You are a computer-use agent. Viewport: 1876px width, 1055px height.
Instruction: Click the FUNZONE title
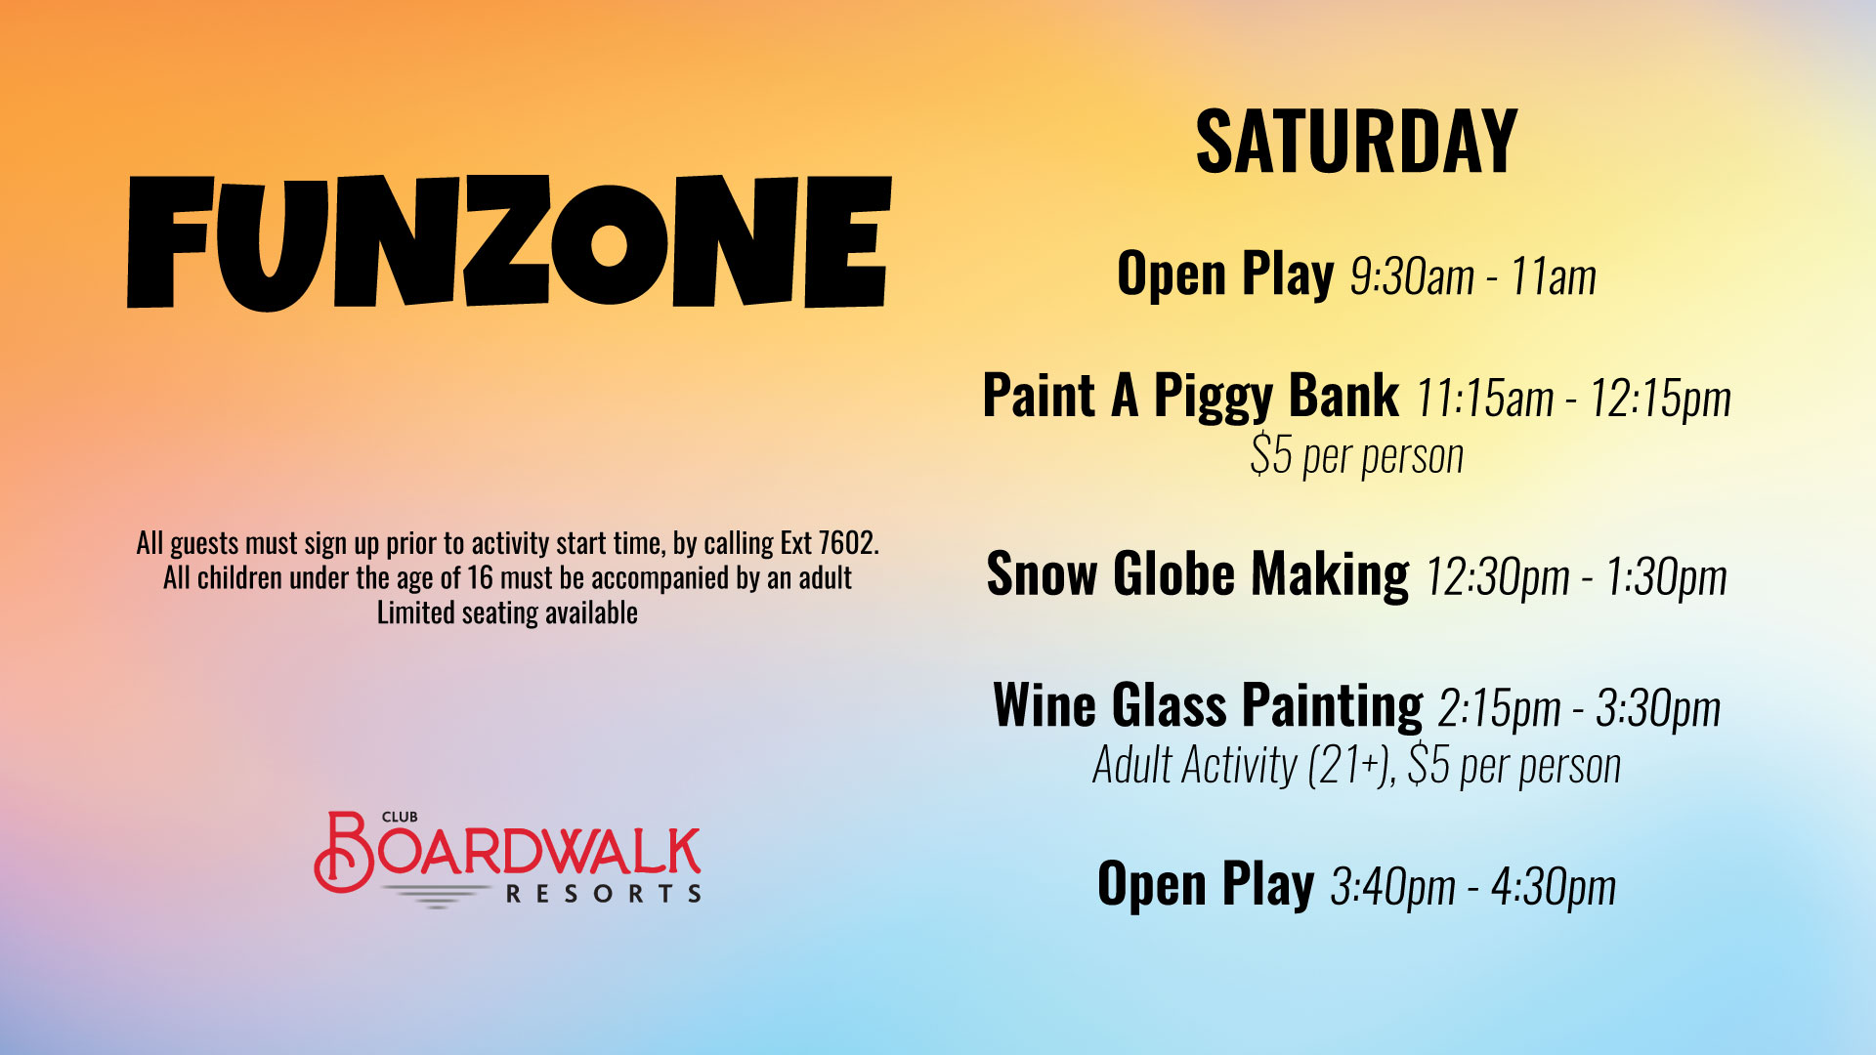click(x=509, y=242)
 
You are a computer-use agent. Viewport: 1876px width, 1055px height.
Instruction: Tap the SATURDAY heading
click(x=1356, y=143)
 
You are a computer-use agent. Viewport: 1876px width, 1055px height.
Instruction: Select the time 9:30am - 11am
click(x=1472, y=276)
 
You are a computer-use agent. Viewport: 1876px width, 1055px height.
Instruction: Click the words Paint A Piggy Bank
click(x=1190, y=398)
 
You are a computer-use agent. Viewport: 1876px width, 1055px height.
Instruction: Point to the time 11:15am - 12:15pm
click(x=1573, y=399)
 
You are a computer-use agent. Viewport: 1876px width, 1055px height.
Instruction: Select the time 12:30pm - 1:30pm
click(x=1576, y=577)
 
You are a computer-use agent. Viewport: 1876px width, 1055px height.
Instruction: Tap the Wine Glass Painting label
click(x=1208, y=706)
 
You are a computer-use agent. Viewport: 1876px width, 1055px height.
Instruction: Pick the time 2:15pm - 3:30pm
click(x=1579, y=708)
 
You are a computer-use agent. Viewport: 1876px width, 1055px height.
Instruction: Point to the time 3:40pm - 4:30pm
click(x=1472, y=887)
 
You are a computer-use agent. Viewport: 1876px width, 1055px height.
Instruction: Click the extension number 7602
click(x=847, y=543)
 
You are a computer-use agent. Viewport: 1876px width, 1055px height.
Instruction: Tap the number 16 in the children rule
click(x=480, y=578)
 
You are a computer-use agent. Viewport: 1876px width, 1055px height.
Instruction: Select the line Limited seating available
click(x=507, y=613)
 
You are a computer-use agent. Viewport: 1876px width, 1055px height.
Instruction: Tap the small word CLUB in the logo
click(x=400, y=817)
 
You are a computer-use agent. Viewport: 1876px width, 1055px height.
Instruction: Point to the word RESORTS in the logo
click(x=603, y=894)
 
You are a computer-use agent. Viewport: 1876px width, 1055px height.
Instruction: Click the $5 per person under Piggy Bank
click(x=1357, y=455)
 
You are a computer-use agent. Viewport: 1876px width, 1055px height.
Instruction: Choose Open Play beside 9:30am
click(x=1225, y=274)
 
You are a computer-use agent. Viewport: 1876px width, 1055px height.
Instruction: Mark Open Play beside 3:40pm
click(x=1206, y=885)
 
